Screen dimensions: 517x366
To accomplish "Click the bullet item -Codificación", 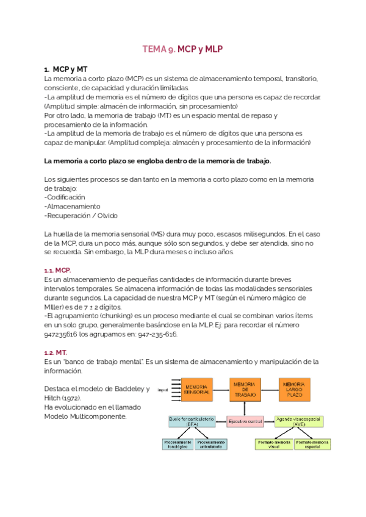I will tap(65, 197).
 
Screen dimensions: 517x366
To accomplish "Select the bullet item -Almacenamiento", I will tap(69, 206).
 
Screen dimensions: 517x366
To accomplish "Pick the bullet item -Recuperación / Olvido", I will tap(81, 215).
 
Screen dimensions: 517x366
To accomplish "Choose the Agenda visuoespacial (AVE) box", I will tap(299, 421).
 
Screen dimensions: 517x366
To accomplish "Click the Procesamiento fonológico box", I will tap(178, 444).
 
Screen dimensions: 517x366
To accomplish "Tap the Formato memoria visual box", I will tap(273, 444).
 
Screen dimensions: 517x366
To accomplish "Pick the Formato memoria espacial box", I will tap(312, 444).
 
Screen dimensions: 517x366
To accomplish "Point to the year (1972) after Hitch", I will tap(71, 398).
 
